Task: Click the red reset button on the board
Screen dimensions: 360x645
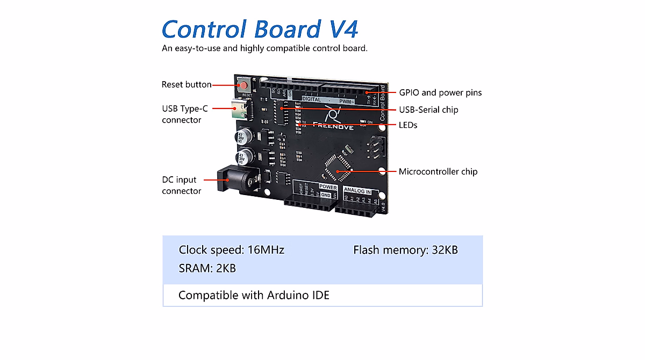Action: pos(243,85)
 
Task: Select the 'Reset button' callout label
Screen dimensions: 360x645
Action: pos(187,85)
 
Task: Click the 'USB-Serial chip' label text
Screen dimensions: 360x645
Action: pos(428,110)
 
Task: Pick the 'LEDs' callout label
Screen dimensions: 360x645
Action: pos(408,125)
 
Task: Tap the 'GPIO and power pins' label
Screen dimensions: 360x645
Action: pos(440,93)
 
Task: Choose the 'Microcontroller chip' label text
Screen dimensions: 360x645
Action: pos(438,172)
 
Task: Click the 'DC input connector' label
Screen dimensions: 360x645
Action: pos(182,185)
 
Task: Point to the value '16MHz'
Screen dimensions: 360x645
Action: pos(266,250)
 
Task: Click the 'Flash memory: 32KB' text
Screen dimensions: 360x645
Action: pos(405,250)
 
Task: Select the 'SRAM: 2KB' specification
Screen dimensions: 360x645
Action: pos(207,268)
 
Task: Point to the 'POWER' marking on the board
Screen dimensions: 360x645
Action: pos(328,188)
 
